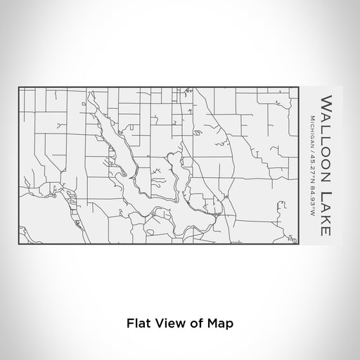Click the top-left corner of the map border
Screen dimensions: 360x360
18,86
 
